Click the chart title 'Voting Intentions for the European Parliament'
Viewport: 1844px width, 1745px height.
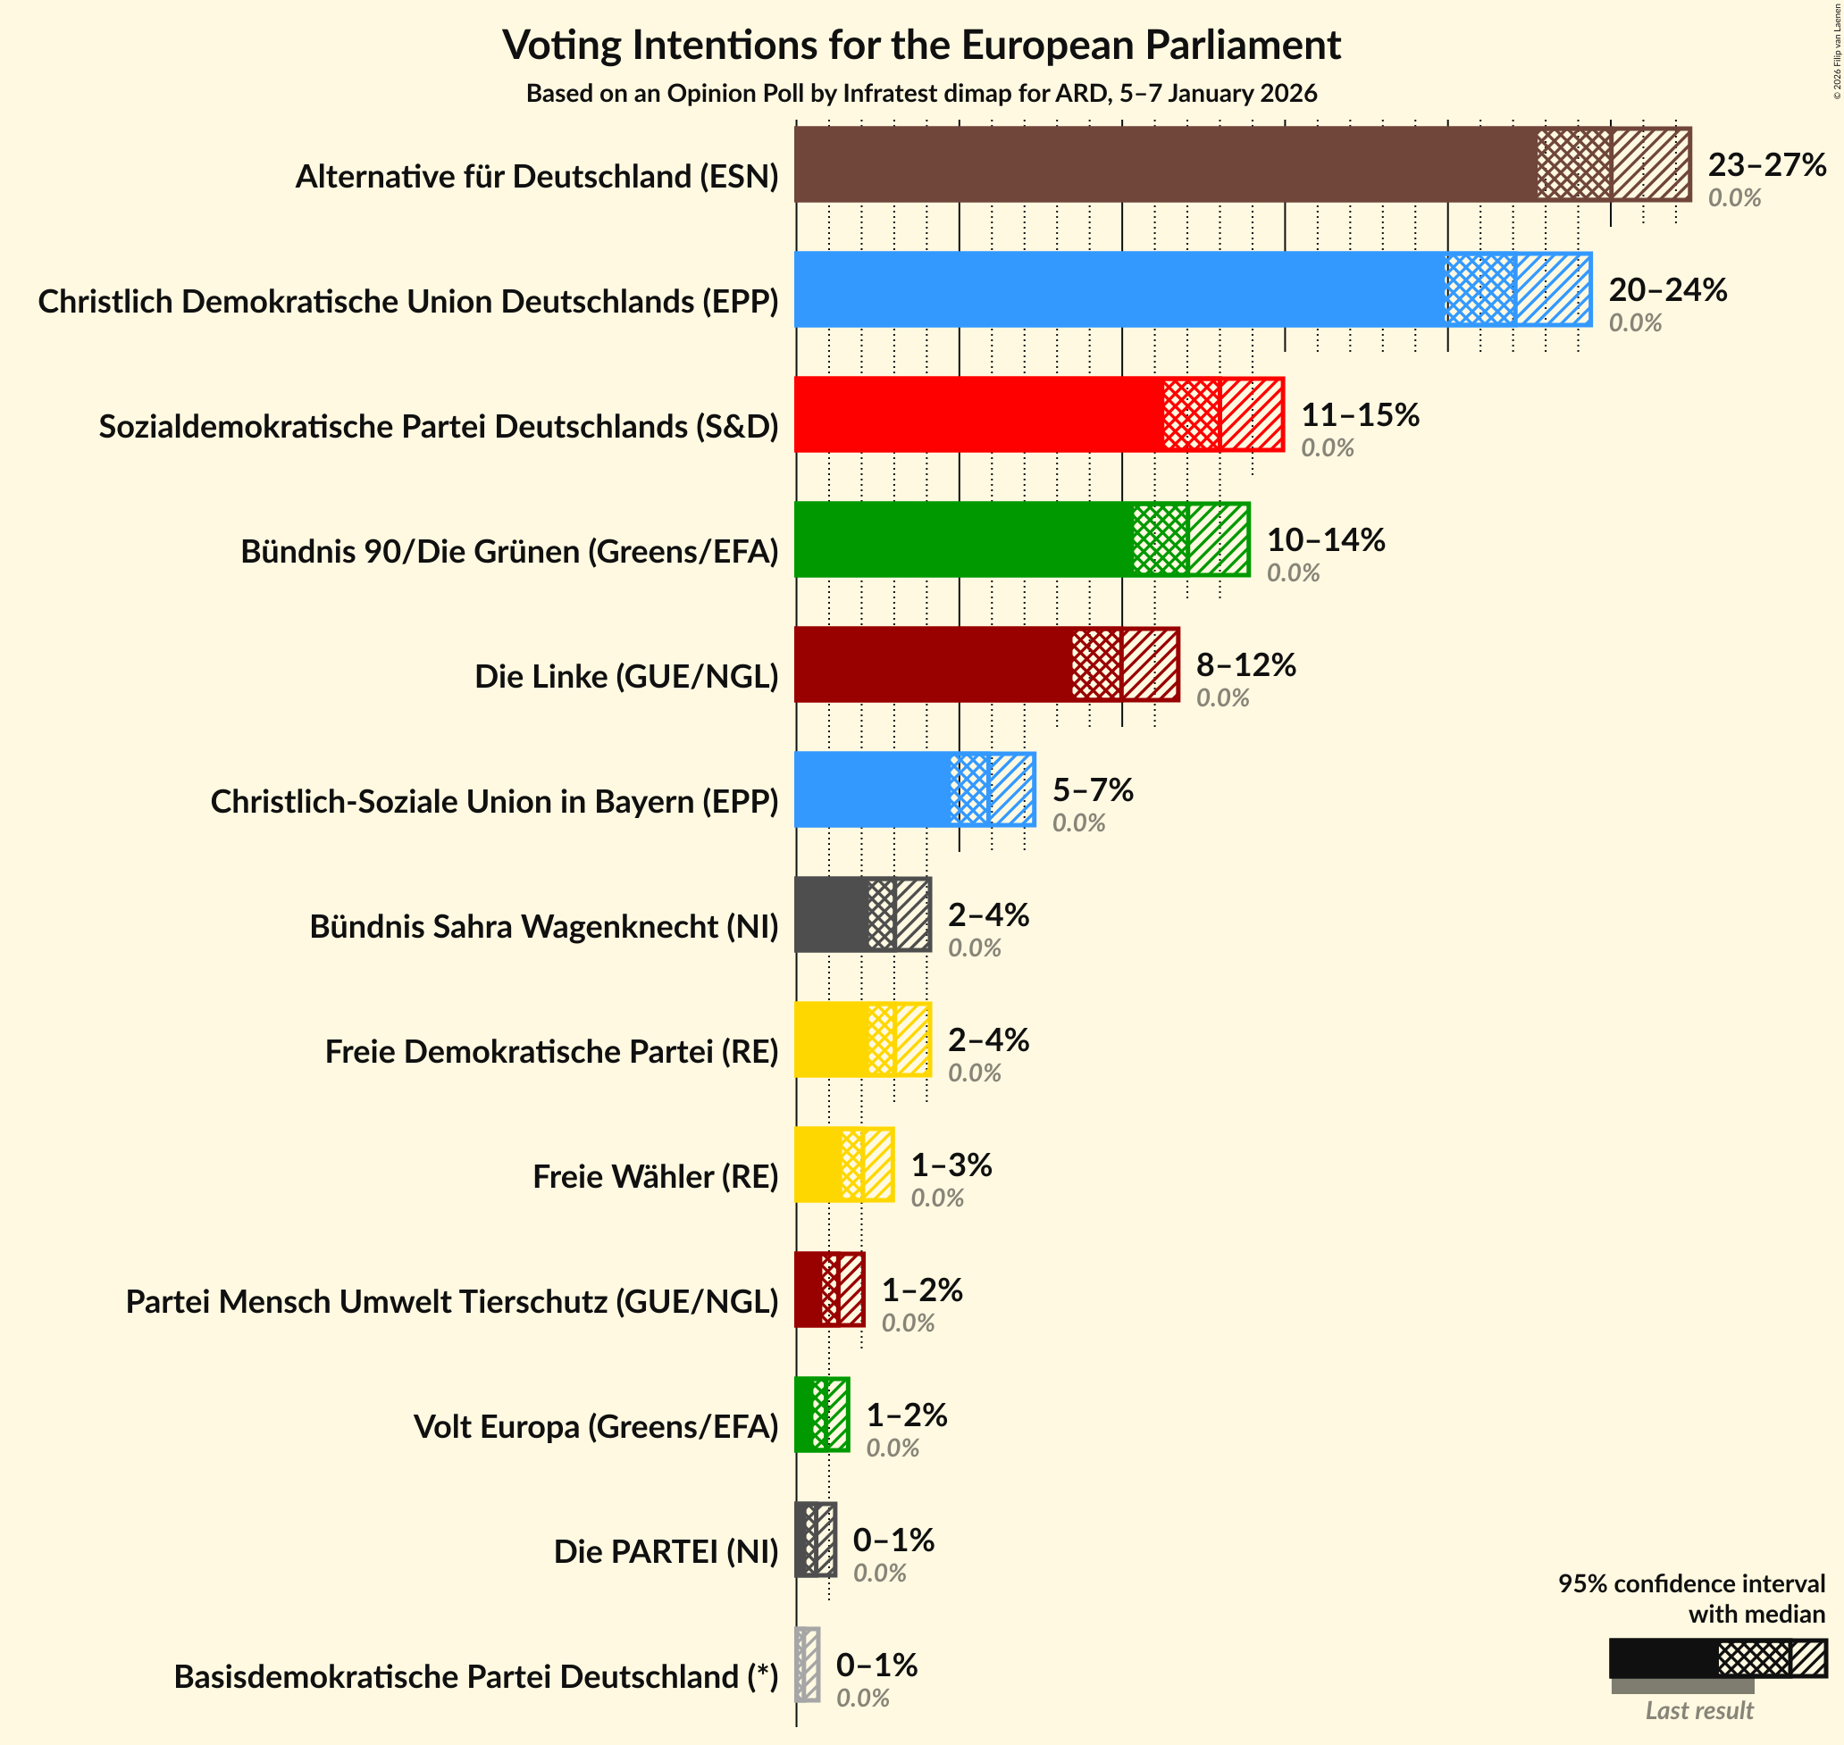(921, 45)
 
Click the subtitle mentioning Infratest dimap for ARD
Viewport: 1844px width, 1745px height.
(921, 93)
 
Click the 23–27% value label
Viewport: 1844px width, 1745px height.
(1766, 164)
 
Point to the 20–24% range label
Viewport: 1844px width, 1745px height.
(1667, 289)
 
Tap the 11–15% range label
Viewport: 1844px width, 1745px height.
(1359, 415)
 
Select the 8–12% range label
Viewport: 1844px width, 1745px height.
(1245, 664)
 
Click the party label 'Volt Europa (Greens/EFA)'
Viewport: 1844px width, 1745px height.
(595, 1426)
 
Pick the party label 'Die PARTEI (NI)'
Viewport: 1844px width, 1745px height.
(666, 1550)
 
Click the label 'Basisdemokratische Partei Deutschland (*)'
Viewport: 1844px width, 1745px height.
(475, 1676)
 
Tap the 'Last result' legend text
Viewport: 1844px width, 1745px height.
(1698, 1709)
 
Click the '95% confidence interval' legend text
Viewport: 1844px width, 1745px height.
(1690, 1583)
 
